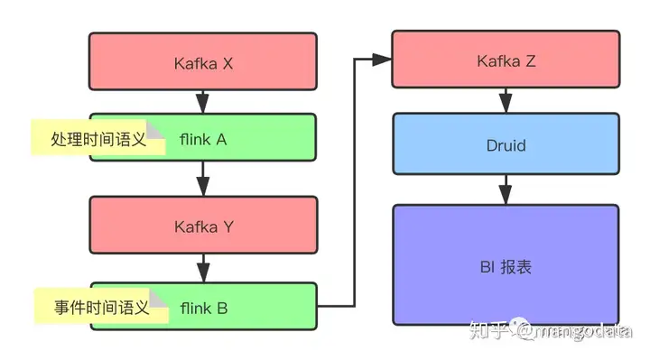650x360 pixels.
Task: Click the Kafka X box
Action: coord(203,61)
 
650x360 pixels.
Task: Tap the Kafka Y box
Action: coord(203,226)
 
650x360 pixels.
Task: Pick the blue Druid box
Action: coord(505,143)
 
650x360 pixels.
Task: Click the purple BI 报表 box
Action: coord(505,265)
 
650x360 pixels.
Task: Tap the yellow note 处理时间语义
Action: coord(98,140)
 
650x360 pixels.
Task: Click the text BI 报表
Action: coord(505,267)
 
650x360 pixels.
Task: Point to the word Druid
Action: coord(505,143)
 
